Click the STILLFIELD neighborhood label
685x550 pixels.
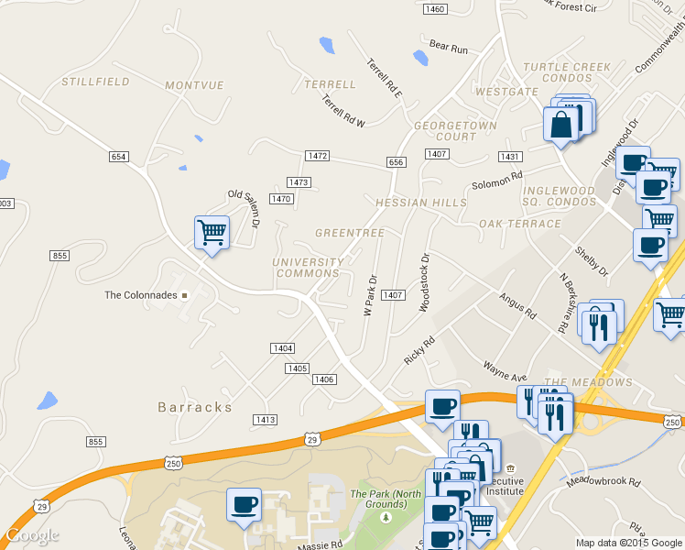(x=94, y=82)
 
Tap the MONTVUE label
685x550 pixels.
(x=194, y=85)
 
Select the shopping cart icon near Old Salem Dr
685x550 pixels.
(x=212, y=231)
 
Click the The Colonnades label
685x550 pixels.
(x=141, y=295)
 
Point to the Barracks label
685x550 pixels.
(x=194, y=407)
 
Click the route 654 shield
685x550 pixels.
(x=118, y=157)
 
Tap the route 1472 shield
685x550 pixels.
(x=317, y=156)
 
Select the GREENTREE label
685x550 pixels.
(x=349, y=234)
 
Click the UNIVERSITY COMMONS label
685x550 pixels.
(x=308, y=268)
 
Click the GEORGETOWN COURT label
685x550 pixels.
(x=455, y=131)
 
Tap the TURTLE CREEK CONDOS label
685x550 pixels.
(x=567, y=72)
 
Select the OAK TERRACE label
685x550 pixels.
(x=519, y=224)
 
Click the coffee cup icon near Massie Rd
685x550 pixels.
(x=244, y=504)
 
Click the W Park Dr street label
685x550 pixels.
(x=371, y=295)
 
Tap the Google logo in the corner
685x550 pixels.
(x=32, y=535)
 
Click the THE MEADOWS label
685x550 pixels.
(x=588, y=382)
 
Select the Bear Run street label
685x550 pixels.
(x=449, y=46)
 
